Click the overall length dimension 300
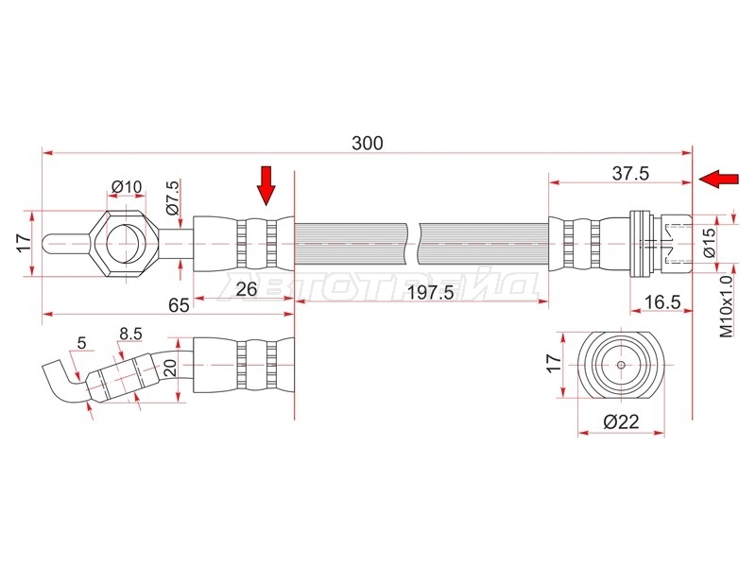click(368, 144)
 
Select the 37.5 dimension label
click(630, 173)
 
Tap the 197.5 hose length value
click(431, 292)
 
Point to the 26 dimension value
click(247, 289)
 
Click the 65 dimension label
click(179, 305)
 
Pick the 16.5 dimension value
click(662, 302)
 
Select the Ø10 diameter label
click(127, 186)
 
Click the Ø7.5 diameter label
click(173, 197)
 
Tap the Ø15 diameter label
click(710, 243)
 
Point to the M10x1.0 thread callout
click(726, 306)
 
